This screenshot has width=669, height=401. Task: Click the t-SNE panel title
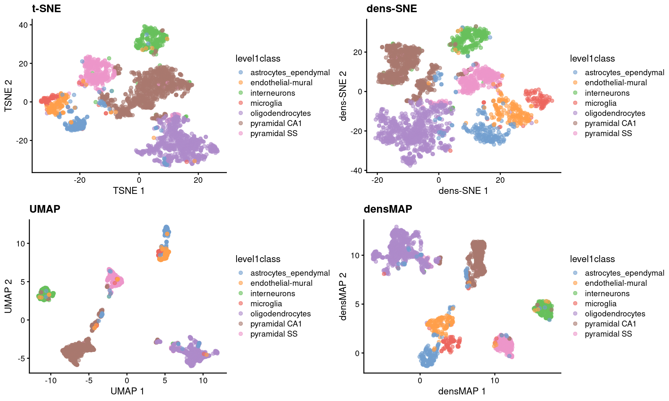[46, 8]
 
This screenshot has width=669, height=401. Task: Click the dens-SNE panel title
[391, 8]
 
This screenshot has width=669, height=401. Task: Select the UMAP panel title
[45, 209]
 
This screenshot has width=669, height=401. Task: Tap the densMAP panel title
[387, 209]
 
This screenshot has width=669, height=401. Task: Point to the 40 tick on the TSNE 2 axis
[23, 25]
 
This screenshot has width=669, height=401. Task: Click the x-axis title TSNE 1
[128, 191]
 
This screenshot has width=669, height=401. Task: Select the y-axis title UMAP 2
[8, 296]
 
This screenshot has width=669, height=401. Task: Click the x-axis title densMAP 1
[462, 391]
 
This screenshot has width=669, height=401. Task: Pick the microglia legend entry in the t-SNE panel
[266, 103]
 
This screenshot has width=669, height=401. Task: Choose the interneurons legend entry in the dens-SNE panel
[607, 93]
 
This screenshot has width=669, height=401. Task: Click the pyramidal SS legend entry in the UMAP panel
[274, 334]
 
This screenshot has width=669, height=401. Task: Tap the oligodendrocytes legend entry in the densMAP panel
[615, 314]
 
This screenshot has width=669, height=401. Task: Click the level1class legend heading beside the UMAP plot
[258, 259]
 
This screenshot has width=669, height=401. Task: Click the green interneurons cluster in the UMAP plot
[46, 294]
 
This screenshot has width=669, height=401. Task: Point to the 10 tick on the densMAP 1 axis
[494, 380]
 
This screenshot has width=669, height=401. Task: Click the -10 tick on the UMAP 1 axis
[51, 380]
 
